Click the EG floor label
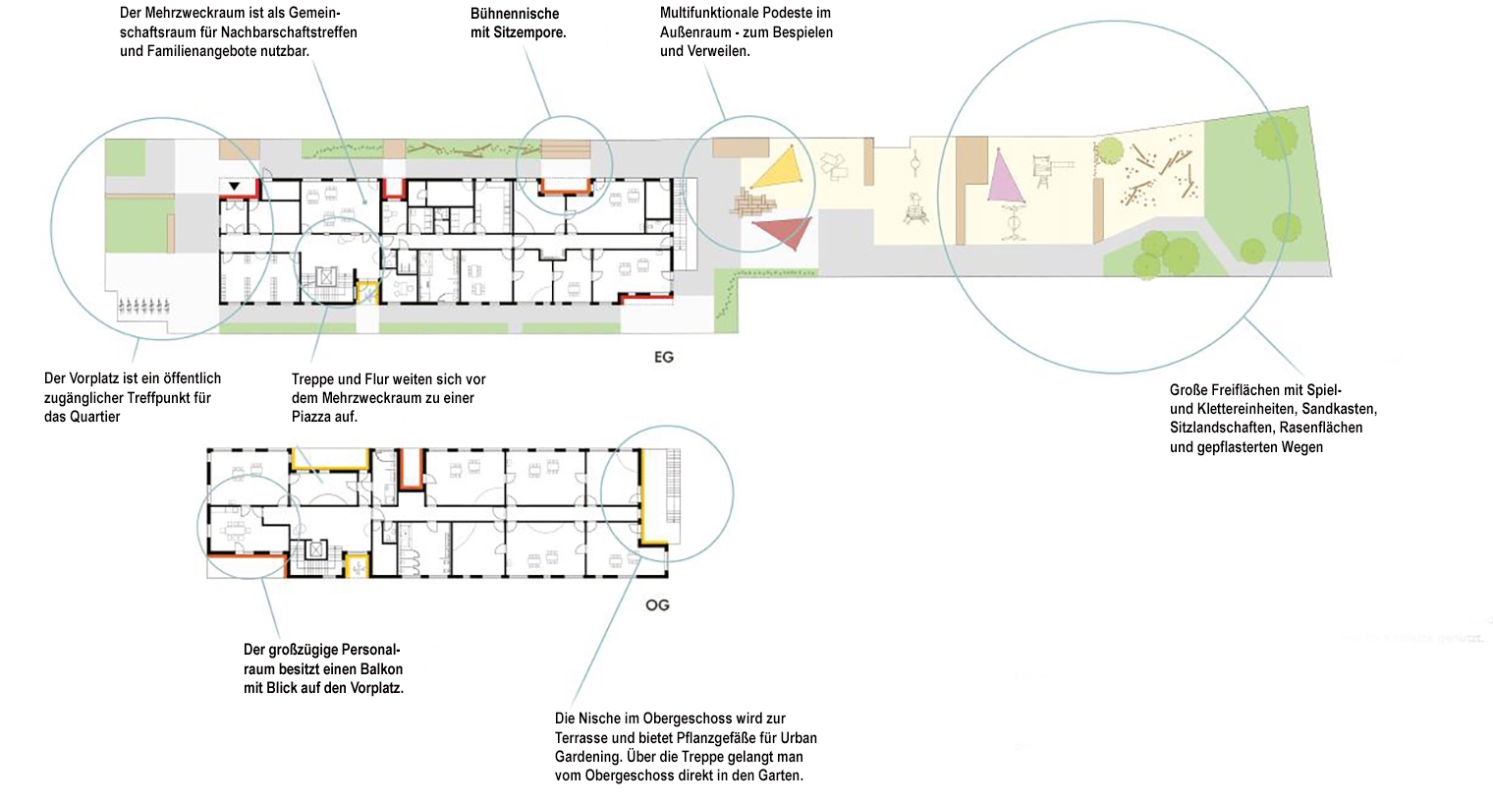[664, 358]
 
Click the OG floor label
[657, 605]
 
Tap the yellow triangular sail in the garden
[781, 169]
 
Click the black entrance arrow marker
[234, 186]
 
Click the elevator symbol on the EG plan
[326, 275]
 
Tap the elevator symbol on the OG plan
[316, 549]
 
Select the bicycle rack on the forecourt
[143, 306]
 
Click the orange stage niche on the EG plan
[565, 188]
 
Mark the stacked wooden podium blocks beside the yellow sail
[752, 202]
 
